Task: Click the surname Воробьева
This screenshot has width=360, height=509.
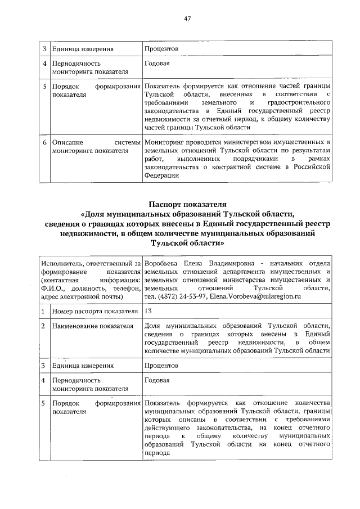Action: click(160, 263)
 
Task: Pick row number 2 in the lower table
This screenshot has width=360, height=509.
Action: click(44, 326)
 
